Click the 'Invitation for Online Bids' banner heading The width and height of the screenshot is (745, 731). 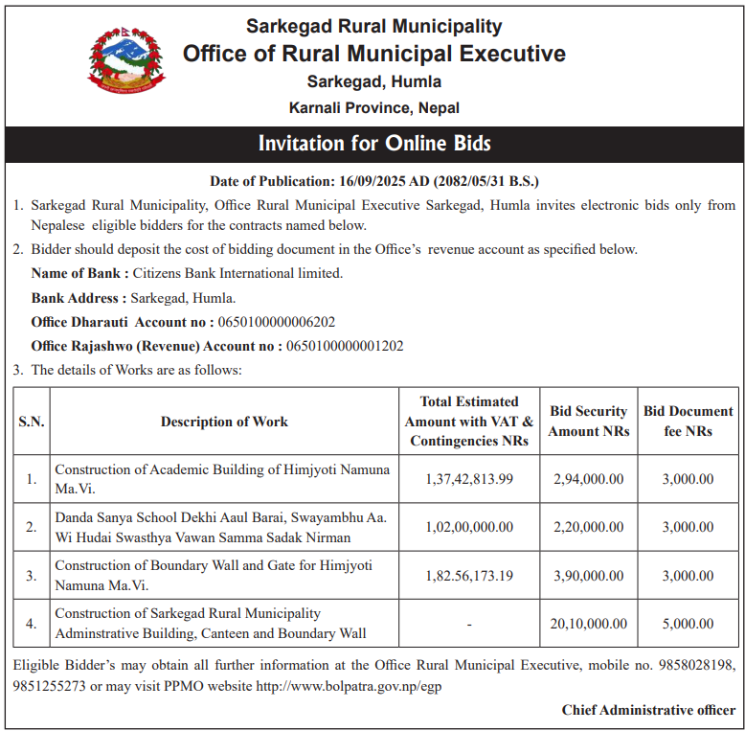point(373,145)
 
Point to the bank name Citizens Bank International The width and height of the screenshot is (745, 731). point(237,273)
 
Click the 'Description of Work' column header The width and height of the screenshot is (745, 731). point(224,422)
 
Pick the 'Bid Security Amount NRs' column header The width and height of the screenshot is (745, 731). point(589,422)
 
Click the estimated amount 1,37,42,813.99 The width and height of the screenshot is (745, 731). point(469,479)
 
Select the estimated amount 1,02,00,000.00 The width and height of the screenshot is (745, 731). point(469,527)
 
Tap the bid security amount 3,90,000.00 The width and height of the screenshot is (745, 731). point(589,576)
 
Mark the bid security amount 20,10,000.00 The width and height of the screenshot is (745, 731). point(589,624)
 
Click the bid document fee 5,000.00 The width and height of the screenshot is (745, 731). point(688,624)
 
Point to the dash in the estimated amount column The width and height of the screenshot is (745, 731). point(469,625)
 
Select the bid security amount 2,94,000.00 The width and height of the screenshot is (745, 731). point(589,479)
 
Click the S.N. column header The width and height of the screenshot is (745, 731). point(32,422)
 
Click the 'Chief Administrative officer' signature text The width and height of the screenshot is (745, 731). point(648,710)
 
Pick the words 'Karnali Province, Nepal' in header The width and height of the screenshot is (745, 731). point(373,108)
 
